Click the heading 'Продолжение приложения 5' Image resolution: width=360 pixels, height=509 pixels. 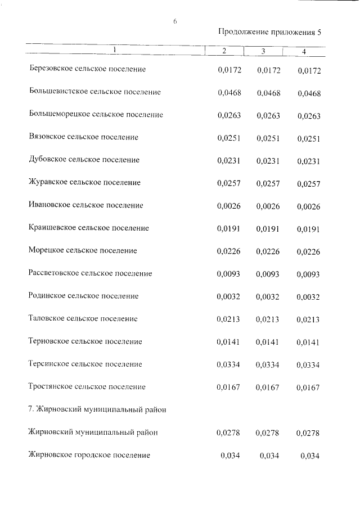tap(270, 32)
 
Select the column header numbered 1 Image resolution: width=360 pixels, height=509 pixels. tap(114, 50)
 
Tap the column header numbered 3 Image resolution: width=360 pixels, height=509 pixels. tap(263, 52)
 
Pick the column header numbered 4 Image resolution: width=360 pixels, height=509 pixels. tap(304, 52)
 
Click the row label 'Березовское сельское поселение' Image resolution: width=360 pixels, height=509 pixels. tap(87, 69)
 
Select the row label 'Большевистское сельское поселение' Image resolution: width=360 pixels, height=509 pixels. tap(94, 92)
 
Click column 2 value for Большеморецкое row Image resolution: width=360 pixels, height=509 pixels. tap(229, 115)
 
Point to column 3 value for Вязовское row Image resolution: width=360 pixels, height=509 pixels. tap(268, 138)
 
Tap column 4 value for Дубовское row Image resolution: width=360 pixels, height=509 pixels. tap(308, 161)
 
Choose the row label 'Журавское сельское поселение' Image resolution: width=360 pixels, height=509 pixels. tap(84, 183)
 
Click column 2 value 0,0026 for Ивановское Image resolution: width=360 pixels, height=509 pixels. tap(229, 206)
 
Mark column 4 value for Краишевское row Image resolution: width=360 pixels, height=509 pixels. tap(308, 229)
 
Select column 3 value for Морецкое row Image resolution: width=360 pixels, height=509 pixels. tap(268, 251)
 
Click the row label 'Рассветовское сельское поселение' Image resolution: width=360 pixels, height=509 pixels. tap(91, 273)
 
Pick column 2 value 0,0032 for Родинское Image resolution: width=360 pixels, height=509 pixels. tap(229, 296)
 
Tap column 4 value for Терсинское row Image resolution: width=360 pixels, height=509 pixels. tap(308, 365)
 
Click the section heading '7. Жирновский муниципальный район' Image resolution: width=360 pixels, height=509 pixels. tap(97, 410)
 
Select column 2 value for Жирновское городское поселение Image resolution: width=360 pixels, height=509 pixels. tap(231, 455)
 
